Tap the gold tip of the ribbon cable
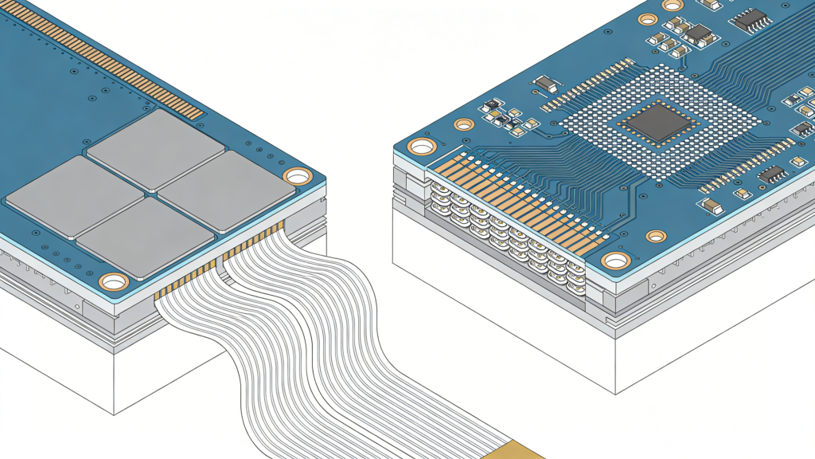click(517, 450)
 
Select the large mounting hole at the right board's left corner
click(421, 147)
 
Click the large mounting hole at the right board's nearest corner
click(615, 261)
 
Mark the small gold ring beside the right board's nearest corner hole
click(656, 236)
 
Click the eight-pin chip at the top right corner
click(751, 20)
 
